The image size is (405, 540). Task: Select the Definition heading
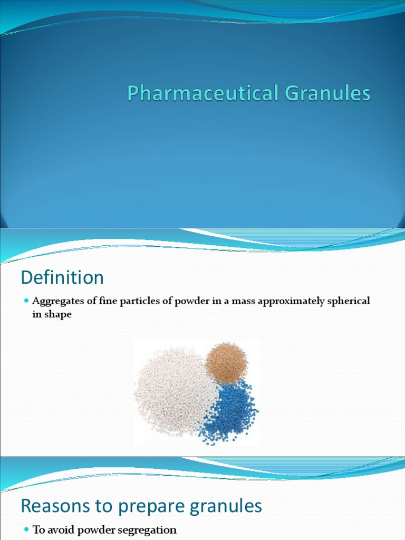[x=62, y=277]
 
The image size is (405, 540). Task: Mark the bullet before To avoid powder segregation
[x=26, y=530]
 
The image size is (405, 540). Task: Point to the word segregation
[x=149, y=531]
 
